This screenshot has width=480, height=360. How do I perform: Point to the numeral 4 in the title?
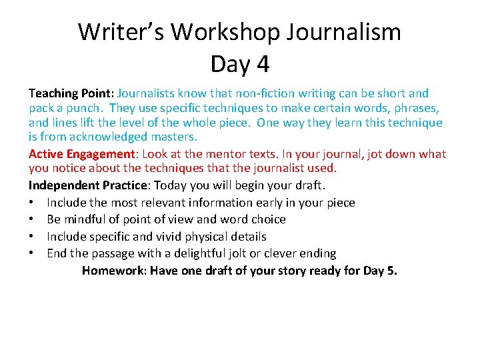coord(262,64)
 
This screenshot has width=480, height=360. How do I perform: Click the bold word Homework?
coord(113,271)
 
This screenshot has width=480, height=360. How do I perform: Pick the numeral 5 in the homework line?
coord(391,271)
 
